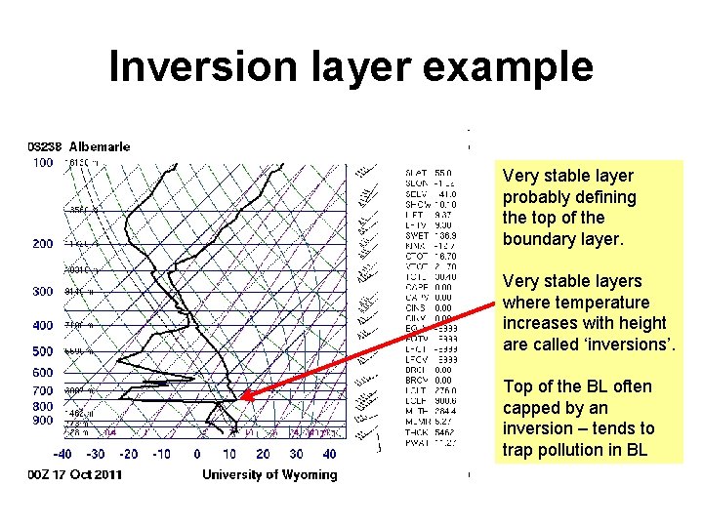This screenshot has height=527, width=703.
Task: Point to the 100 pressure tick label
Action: point(43,163)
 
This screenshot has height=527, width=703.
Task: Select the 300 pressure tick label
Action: point(43,292)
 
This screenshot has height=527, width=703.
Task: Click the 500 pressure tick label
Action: point(43,351)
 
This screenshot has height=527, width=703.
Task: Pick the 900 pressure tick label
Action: point(43,421)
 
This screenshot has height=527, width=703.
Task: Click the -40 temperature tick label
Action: point(62,454)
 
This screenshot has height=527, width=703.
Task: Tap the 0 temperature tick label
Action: point(197,454)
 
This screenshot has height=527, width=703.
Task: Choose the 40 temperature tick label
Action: point(329,454)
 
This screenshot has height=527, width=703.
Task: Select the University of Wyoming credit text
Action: point(269,475)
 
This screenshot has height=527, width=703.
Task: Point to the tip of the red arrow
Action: point(241,397)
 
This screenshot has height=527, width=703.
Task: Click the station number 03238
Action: point(46,147)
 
